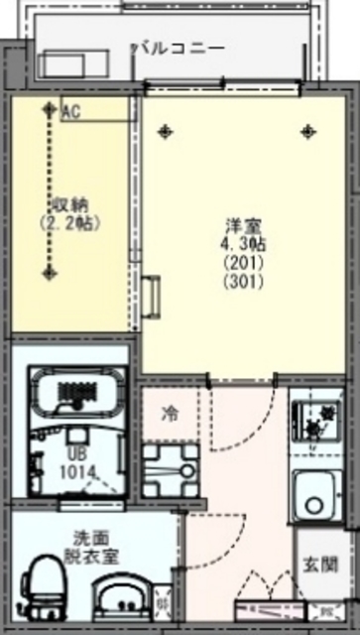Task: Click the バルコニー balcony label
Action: click(180, 47)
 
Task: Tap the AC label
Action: click(70, 112)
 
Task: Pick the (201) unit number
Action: click(238, 262)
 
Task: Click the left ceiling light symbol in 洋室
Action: click(165, 130)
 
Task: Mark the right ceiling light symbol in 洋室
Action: click(308, 130)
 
